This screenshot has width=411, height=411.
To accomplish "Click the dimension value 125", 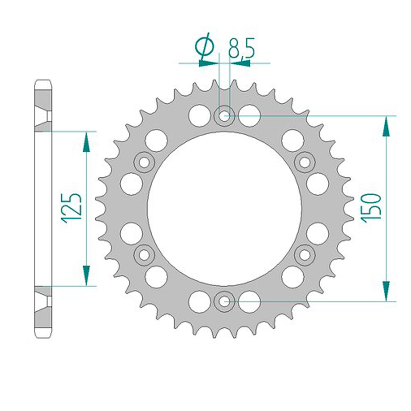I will click(72, 208).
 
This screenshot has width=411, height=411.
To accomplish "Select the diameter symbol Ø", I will click(204, 48).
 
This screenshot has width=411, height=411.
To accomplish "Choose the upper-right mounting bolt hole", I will click(305, 163).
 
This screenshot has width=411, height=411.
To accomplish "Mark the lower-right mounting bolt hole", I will click(305, 253).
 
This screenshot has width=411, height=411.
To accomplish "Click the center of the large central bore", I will click(224, 208).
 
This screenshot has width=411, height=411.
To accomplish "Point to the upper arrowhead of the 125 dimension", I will click(86, 141).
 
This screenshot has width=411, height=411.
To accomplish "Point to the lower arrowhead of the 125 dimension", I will click(86, 275).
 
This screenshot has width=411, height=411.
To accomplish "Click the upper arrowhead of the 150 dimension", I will click(386, 126).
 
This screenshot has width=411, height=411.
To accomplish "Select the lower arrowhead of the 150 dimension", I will click(386, 290).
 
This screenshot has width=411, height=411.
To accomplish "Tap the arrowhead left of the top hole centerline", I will click(208, 64).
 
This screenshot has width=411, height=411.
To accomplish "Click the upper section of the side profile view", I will click(43, 105).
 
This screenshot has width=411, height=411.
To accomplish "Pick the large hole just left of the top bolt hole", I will click(198, 115).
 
